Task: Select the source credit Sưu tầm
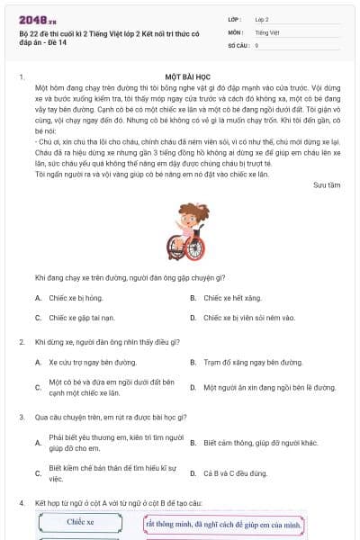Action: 326,184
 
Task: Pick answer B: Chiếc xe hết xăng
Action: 233,297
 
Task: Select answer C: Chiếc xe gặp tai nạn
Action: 80,318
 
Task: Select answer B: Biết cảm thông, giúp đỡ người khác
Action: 260,443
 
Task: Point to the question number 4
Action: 21,501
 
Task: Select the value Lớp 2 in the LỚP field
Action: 262,18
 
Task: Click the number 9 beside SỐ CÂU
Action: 257,45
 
